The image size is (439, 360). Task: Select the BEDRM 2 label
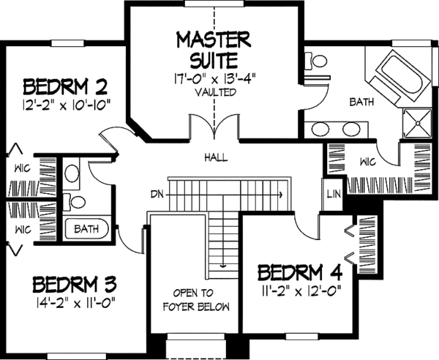click(60, 85)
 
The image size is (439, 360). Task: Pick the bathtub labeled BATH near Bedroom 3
click(87, 229)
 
